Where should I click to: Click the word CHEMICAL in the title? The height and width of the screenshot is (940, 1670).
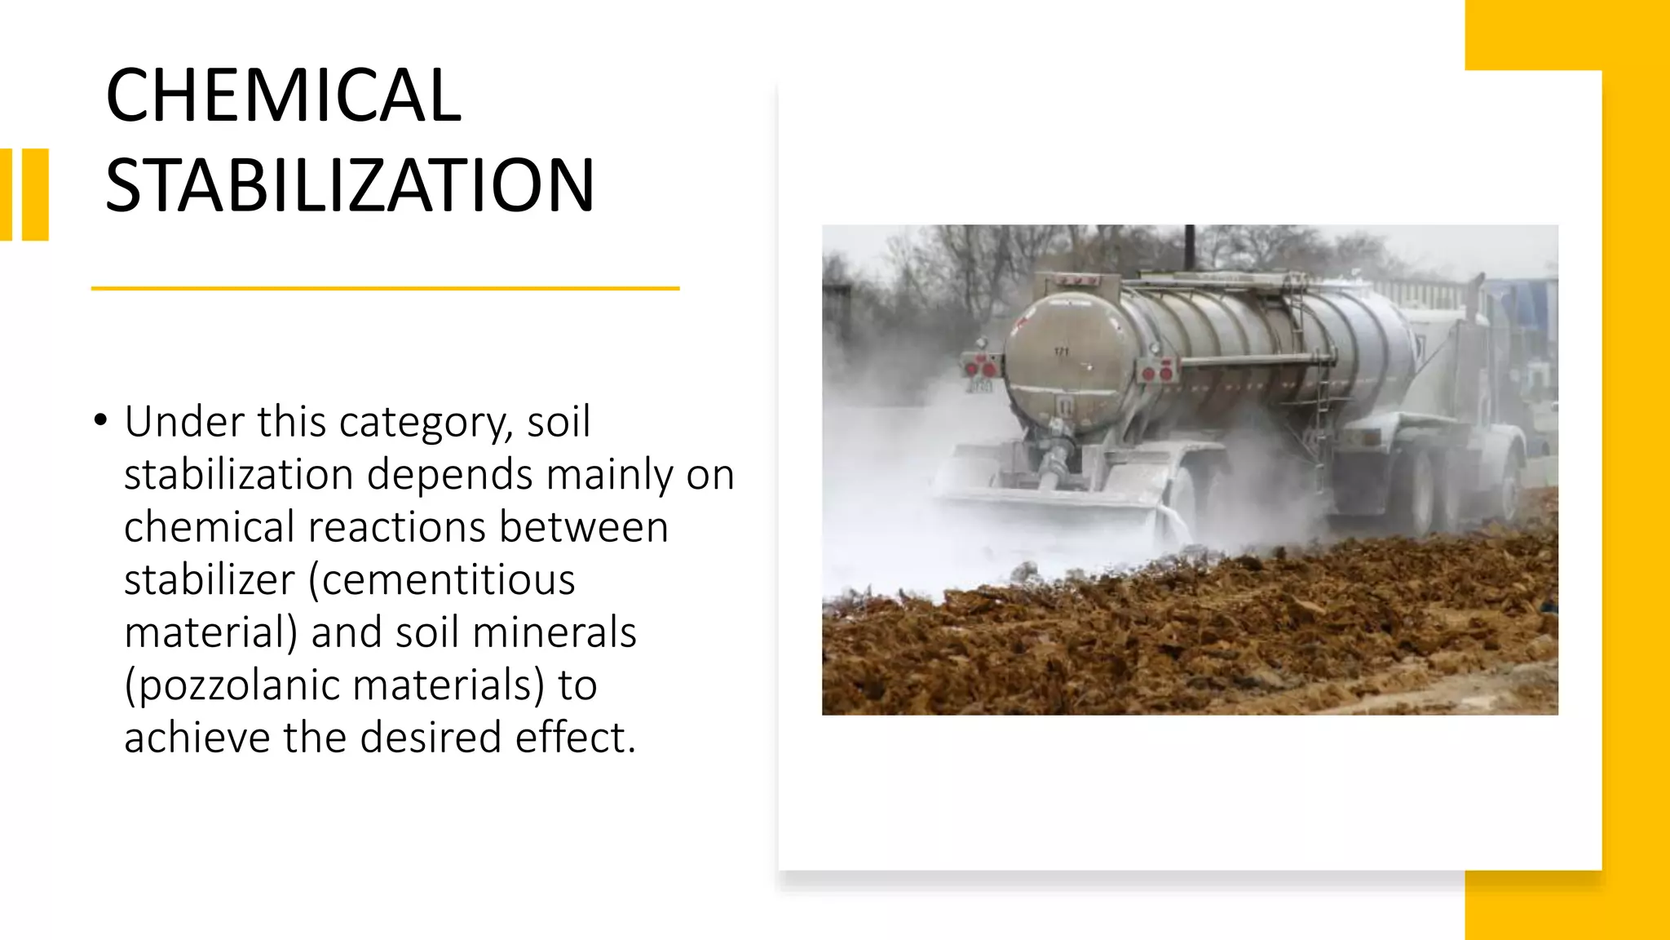[x=283, y=95]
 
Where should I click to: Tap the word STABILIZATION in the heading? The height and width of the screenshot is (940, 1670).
[x=350, y=186]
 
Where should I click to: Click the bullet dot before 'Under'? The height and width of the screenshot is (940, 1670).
[x=100, y=421]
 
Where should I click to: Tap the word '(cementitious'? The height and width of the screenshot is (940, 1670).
[x=441, y=580]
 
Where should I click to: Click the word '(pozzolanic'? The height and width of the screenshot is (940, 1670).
[x=231, y=685]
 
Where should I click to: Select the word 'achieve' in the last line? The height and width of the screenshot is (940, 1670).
[x=197, y=738]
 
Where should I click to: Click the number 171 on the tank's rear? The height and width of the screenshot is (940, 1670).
[x=1061, y=352]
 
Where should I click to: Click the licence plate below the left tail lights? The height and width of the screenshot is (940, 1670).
[x=981, y=385]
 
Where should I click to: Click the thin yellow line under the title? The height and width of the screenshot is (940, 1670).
[x=385, y=288]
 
